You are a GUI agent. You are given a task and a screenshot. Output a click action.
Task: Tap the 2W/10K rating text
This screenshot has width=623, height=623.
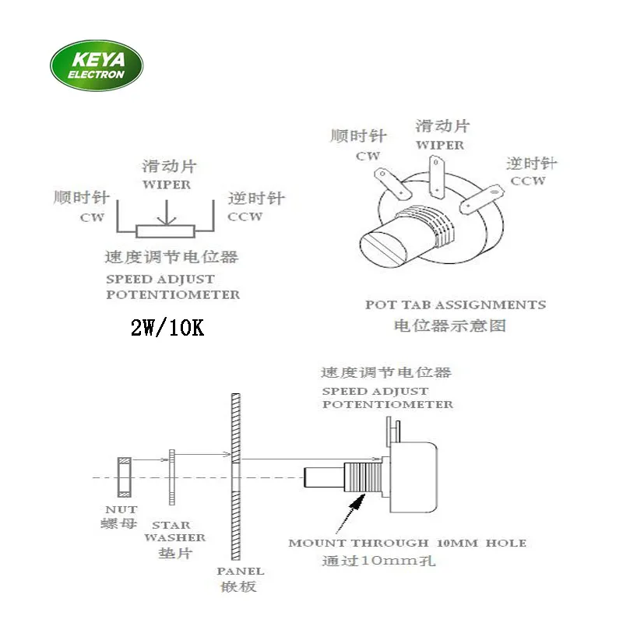[x=167, y=328]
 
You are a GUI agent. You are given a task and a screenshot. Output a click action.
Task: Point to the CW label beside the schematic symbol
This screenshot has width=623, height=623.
[x=92, y=218]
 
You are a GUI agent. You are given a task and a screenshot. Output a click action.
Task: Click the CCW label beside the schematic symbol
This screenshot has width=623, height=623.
[x=245, y=217]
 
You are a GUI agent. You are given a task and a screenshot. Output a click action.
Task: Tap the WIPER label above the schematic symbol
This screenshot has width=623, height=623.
[x=167, y=185]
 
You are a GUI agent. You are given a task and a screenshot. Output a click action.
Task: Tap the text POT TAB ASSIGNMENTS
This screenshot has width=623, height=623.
[x=455, y=304]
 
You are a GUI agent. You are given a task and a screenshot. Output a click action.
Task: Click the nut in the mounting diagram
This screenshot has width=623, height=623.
[x=123, y=477]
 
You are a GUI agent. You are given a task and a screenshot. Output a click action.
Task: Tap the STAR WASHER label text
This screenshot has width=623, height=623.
[x=179, y=531]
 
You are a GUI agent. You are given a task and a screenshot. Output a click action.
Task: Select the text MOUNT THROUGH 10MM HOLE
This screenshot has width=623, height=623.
[x=407, y=543]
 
